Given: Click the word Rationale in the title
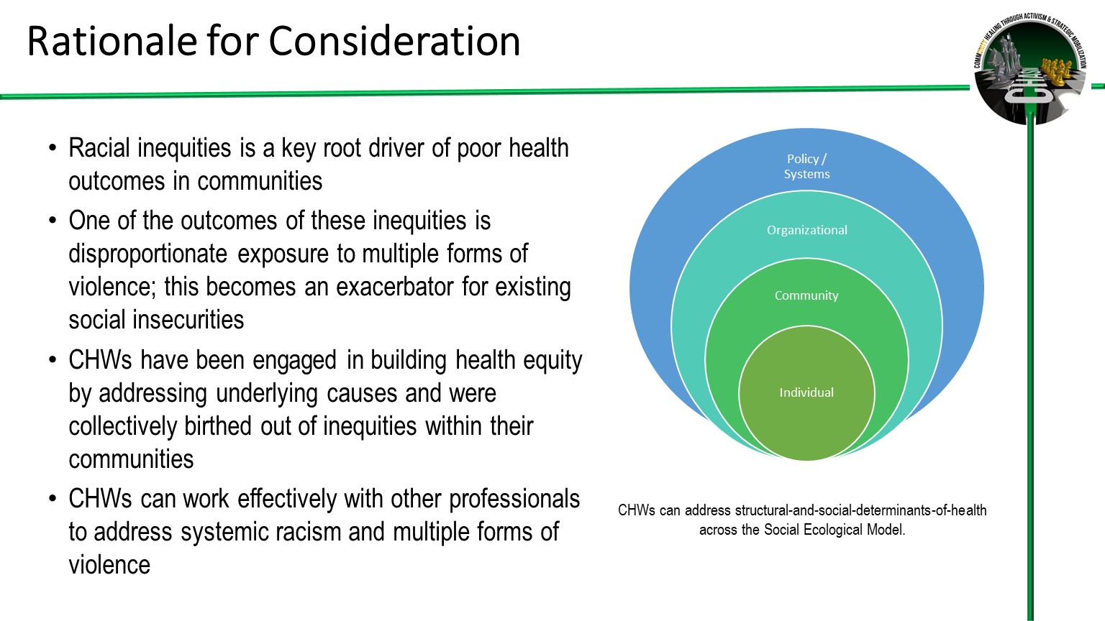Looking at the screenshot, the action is [x=112, y=41].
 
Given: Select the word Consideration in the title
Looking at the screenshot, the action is [x=394, y=41].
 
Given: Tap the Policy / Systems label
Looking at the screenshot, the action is [x=806, y=166].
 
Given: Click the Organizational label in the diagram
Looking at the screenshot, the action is [x=806, y=230].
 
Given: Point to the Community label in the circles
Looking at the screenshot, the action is [x=806, y=295].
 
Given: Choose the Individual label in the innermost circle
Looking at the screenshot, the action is [x=806, y=392].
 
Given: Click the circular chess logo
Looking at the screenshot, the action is [x=1029, y=68].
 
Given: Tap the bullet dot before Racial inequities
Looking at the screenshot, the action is [x=53, y=148].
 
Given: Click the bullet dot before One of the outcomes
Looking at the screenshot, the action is [x=53, y=221].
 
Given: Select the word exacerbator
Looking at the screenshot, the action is [x=395, y=286].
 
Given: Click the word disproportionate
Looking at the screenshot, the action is [x=148, y=254].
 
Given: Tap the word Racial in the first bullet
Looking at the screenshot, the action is [x=99, y=148].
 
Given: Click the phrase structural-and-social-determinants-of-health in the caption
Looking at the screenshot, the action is [x=861, y=510].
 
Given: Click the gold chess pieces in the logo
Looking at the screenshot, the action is [x=1056, y=69].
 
